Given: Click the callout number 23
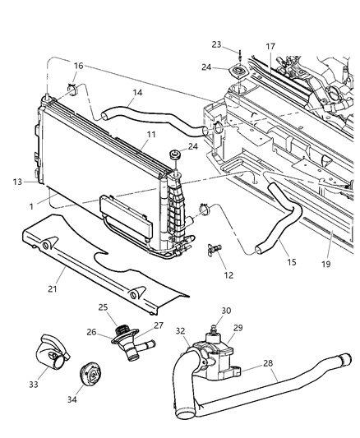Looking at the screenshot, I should (216, 45).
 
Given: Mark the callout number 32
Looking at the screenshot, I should (180, 330).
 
